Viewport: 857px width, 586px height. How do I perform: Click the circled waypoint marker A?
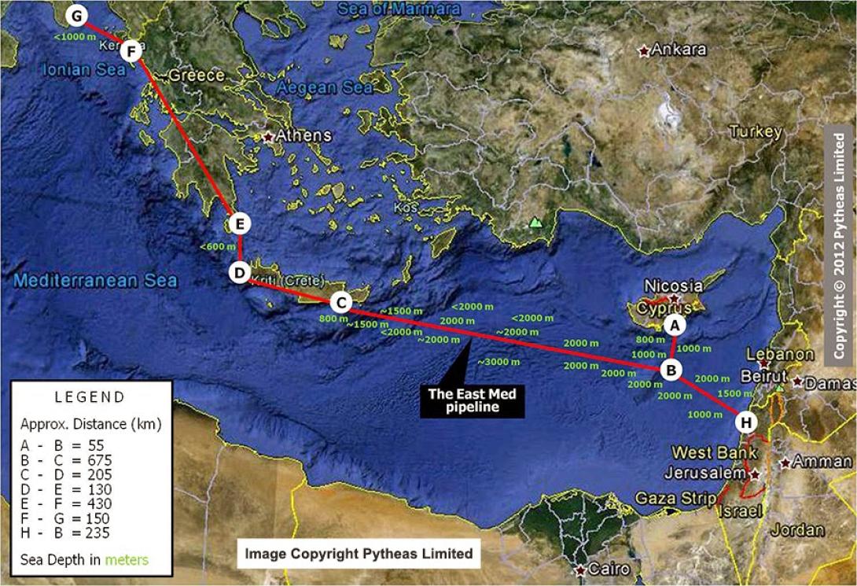point(674,324)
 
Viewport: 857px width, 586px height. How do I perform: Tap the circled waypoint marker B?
point(671,369)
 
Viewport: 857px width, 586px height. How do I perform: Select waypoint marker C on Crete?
point(340,302)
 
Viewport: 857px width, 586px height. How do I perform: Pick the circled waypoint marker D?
point(239,273)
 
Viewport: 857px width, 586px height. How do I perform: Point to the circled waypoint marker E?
point(241,224)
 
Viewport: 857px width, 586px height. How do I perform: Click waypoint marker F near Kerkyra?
point(131,53)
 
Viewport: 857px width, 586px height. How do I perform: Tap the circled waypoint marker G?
point(76,15)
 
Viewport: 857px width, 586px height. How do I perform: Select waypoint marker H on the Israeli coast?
point(746,422)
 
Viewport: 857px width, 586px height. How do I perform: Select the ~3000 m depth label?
point(498,362)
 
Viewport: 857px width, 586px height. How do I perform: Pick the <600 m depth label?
point(218,246)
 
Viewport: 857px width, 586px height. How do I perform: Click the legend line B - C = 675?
point(67,460)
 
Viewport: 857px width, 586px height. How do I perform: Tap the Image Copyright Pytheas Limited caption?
point(359,554)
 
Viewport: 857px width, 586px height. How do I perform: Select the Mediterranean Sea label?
point(94,281)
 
